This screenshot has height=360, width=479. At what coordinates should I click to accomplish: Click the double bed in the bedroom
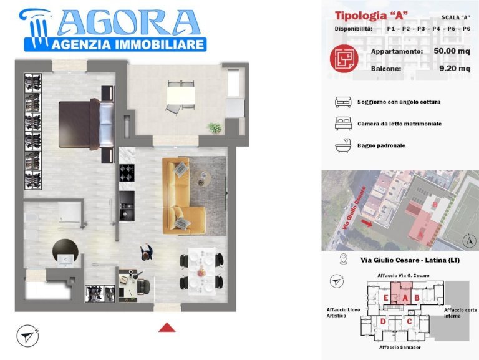86,124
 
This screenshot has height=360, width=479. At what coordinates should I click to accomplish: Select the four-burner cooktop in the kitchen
127,173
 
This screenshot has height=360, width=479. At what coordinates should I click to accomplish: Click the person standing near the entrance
147,252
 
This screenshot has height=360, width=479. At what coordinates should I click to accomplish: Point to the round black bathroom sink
65,252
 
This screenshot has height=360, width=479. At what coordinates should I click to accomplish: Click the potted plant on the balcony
215,127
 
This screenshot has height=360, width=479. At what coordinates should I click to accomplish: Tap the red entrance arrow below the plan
167,328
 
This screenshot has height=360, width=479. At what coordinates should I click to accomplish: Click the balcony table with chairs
181,96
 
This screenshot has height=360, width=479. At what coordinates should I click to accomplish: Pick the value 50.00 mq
452,51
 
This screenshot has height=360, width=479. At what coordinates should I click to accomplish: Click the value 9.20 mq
455,68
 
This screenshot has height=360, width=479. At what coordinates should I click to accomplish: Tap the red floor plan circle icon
344,58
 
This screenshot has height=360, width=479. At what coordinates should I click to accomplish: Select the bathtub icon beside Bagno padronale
344,145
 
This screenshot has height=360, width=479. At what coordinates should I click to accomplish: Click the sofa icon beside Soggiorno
343,102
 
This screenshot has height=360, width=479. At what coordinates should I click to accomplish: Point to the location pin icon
344,259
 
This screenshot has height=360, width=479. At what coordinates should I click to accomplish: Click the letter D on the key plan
383,321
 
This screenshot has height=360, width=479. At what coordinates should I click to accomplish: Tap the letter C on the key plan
409,321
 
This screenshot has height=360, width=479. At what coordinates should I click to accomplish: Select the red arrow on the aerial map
367,223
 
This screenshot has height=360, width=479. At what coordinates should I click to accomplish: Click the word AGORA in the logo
129,23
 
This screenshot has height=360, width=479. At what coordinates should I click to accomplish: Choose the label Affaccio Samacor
400,347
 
